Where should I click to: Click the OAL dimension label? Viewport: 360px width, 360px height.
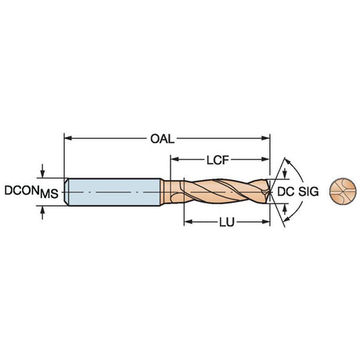(162, 139)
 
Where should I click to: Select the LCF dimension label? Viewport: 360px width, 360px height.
(218, 160)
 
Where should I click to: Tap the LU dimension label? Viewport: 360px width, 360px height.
(227, 222)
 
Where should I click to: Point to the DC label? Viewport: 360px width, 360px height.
(286, 192)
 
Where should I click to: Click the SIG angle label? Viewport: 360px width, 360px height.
(308, 192)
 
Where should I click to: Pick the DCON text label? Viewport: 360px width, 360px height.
(22, 190)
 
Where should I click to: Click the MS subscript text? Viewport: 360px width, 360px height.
(49, 194)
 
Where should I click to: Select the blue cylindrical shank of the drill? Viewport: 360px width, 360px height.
(114, 193)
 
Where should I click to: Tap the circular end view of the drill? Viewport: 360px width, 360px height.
(343, 192)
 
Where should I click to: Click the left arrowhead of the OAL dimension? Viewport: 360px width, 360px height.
(68, 139)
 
